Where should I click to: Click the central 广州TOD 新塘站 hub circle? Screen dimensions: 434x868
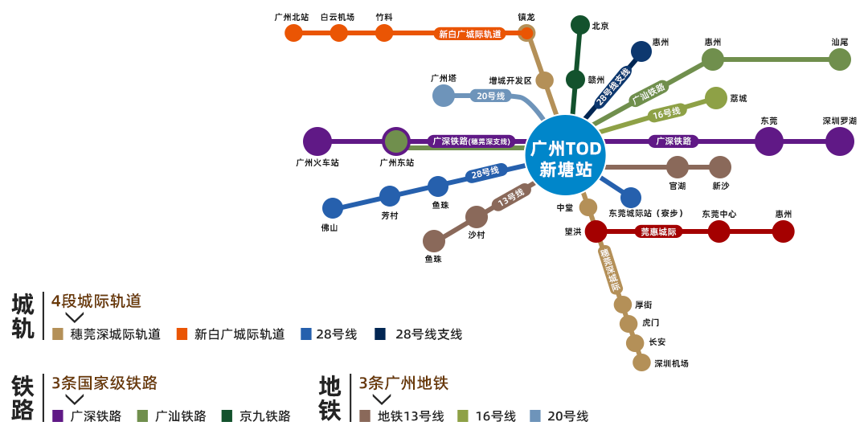coord(565,155)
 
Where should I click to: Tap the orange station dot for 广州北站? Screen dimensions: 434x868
coord(293,33)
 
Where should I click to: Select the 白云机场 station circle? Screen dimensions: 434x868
coord(339,33)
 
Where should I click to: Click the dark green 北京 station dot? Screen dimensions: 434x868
coord(580,25)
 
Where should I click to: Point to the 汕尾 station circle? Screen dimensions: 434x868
coord(840,59)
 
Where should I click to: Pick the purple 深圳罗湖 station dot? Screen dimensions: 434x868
coord(840,141)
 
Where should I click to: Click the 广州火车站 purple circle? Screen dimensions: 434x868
coord(317,141)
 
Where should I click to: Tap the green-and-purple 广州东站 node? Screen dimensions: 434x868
coord(396,141)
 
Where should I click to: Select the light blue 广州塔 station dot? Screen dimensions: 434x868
coord(444,96)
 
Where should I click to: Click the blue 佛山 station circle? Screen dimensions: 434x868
coord(333,208)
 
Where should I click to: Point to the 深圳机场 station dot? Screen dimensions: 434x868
coord(641,362)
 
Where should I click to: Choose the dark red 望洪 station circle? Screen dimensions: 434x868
coord(596,231)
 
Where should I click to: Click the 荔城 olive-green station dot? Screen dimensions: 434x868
coord(715,98)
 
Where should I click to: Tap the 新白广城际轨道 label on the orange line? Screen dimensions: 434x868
coord(470,34)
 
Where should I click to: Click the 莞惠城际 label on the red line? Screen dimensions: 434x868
coord(659,231)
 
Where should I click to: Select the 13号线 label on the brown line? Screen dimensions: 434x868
coord(510,197)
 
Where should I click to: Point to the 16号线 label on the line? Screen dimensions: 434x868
coord(666,113)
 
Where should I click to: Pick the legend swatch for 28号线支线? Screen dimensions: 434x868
coord(380,334)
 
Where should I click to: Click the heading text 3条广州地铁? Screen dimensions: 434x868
coord(403,383)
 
